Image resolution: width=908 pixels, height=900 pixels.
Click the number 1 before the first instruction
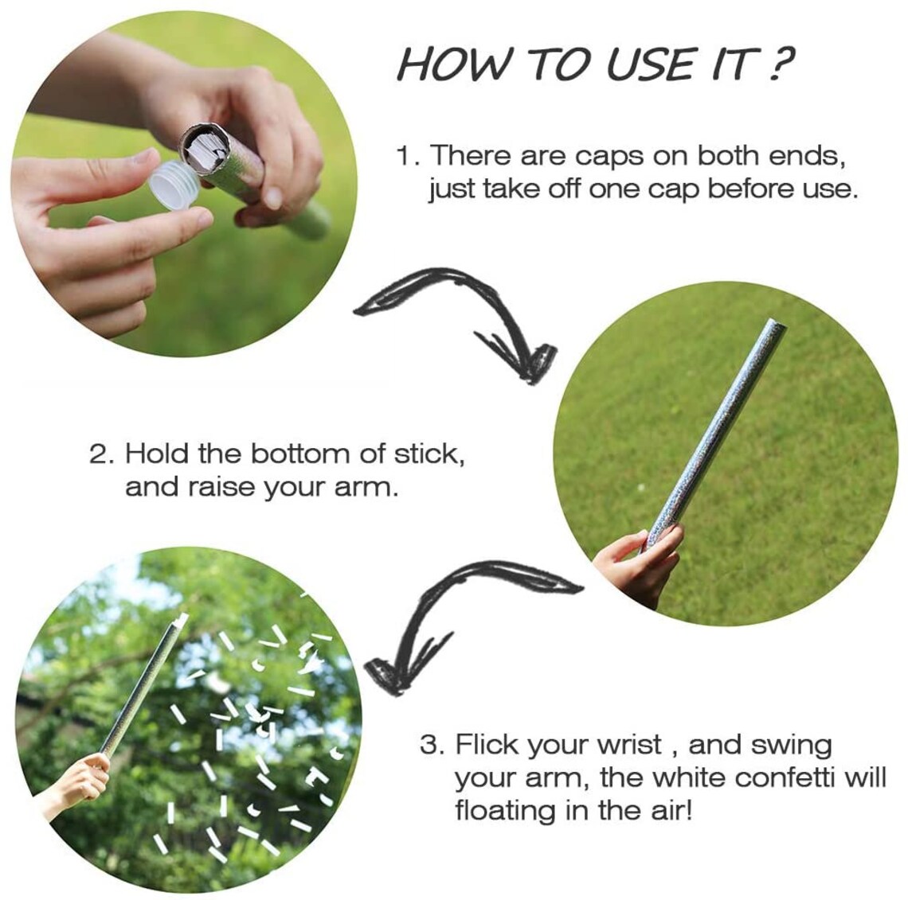(x=405, y=156)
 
